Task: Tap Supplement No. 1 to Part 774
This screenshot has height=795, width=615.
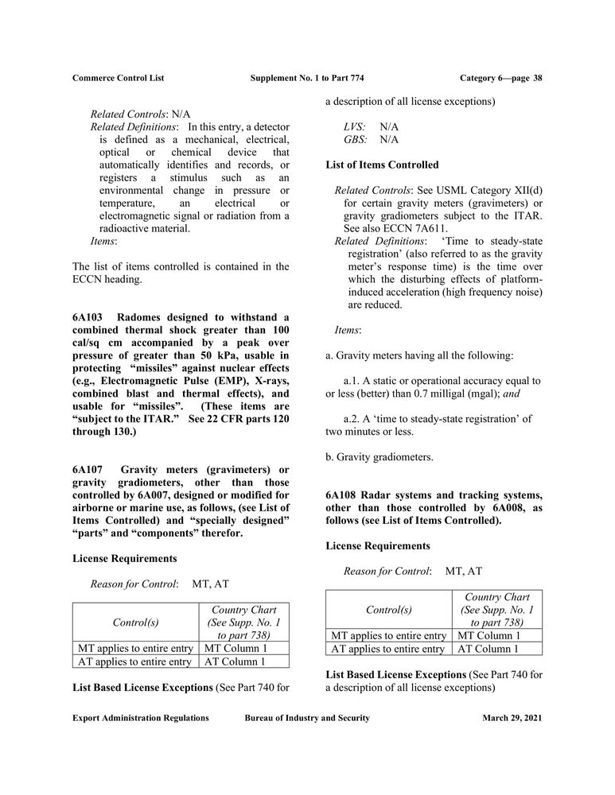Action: coord(307,78)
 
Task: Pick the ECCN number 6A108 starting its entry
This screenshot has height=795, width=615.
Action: coord(341,494)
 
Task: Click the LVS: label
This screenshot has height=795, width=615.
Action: coord(355,126)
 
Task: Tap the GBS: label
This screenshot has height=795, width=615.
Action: coord(355,139)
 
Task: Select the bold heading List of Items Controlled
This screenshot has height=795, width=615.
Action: coord(382,165)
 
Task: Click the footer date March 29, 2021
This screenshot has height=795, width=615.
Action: coord(512,718)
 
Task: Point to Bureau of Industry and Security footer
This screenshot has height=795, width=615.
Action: coord(307,718)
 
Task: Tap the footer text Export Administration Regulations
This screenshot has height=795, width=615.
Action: coord(141,718)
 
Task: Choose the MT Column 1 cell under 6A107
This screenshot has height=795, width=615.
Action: coord(235,648)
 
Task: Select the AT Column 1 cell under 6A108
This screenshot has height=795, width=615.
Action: coord(488,649)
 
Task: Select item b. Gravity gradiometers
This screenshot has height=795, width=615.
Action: coord(380,457)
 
